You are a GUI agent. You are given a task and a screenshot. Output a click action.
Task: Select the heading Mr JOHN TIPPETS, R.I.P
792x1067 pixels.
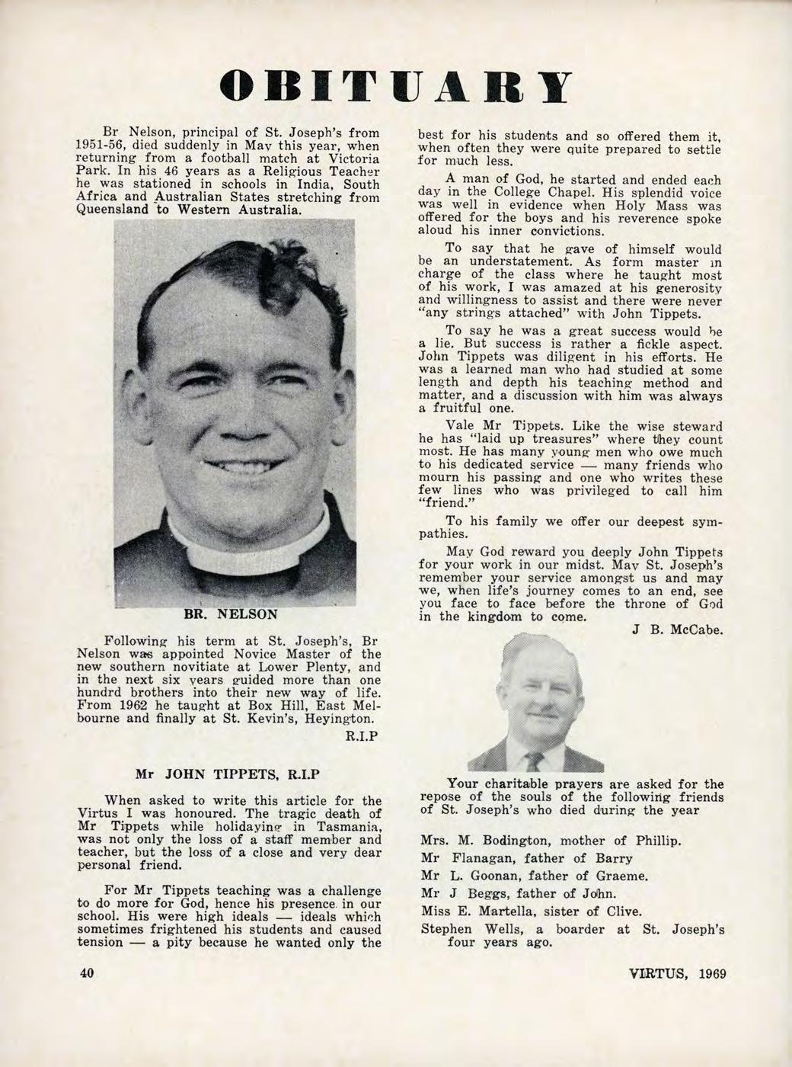225,772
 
